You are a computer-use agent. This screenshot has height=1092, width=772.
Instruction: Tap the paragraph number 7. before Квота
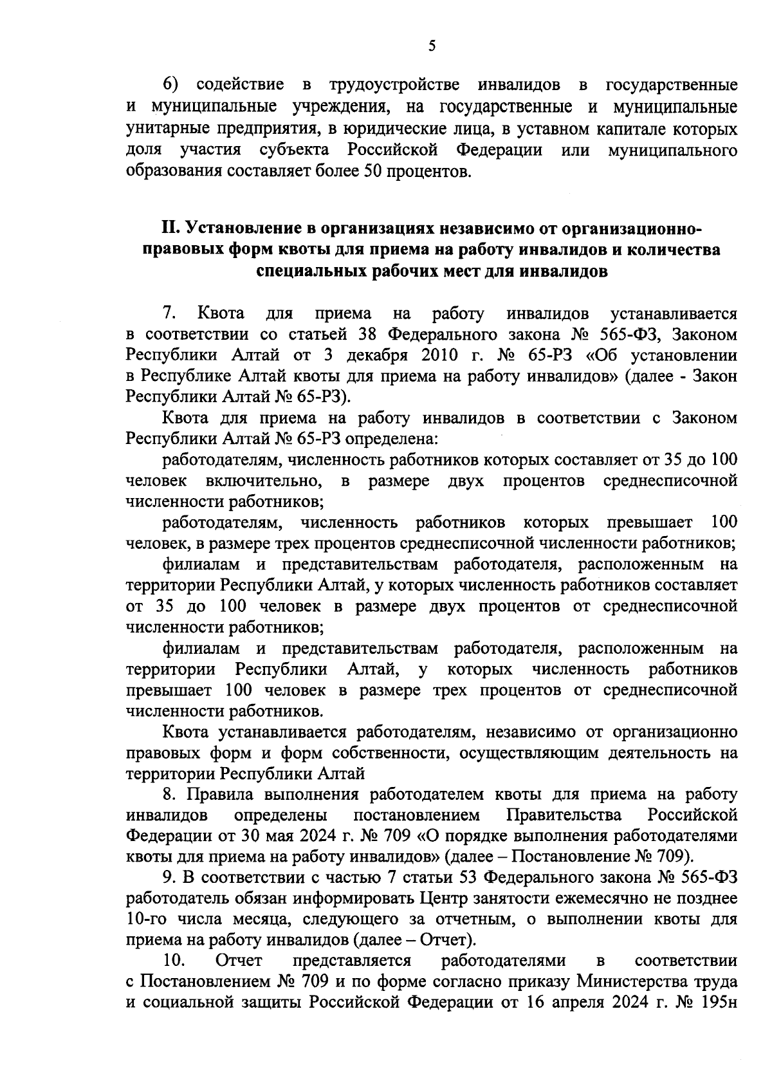tap(169, 313)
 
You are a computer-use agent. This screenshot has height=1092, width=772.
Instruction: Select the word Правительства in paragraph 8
tap(565, 815)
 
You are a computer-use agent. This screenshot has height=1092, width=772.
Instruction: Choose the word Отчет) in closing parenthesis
tap(448, 940)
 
